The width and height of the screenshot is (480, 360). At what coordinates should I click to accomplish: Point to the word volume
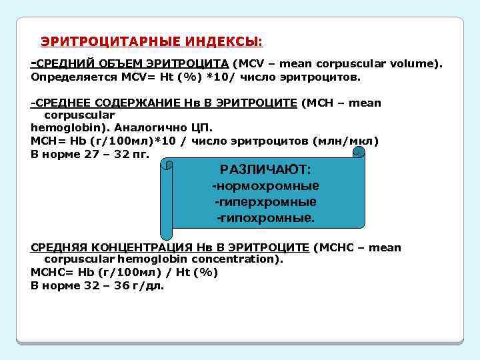[x=412, y=64]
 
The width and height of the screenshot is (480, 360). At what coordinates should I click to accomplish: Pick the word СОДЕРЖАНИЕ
[x=136, y=103]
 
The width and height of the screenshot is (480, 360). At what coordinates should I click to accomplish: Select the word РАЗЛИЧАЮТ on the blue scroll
[x=265, y=169]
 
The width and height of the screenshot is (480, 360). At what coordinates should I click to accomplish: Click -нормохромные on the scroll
[x=265, y=185]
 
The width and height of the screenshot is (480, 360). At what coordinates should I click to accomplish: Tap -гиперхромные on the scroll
[x=265, y=201]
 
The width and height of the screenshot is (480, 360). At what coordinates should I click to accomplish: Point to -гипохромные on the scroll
[x=265, y=217]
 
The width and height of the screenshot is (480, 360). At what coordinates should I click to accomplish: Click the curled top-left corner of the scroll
[x=170, y=163]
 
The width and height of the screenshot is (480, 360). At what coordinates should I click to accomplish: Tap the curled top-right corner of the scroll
[x=359, y=153]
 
